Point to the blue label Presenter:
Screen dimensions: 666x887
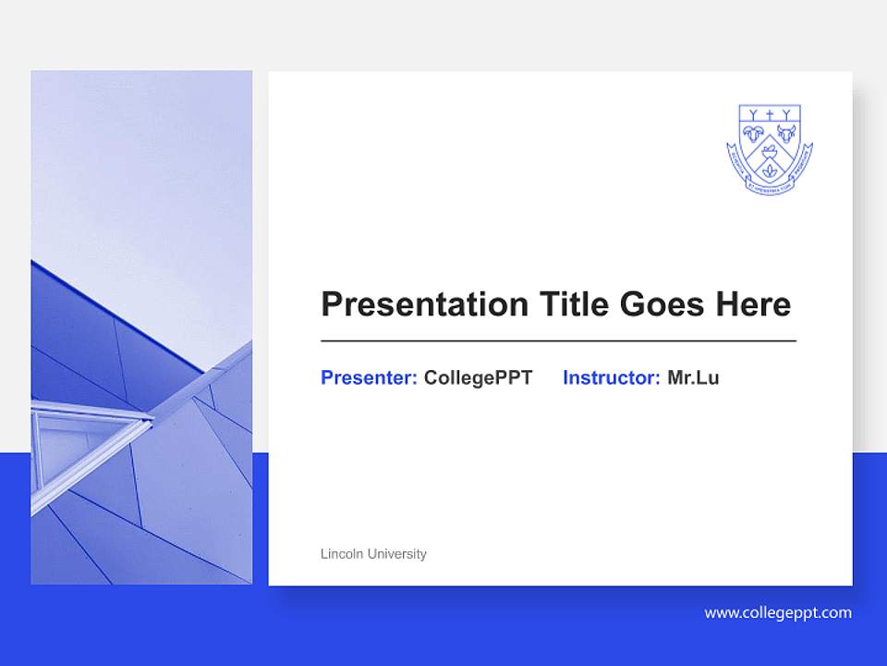(369, 377)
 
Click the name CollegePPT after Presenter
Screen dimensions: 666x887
(478, 377)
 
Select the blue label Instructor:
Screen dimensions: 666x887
(611, 377)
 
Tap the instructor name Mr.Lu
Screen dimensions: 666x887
(693, 377)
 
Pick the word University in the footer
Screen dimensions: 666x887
(397, 554)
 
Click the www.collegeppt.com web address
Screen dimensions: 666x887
(778, 612)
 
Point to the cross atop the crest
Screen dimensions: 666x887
(770, 116)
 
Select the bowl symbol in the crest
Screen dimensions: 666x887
(770, 152)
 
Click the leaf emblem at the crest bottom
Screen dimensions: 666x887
(770, 172)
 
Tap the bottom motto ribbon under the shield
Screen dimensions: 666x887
(770, 188)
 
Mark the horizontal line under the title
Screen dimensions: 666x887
(558, 341)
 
